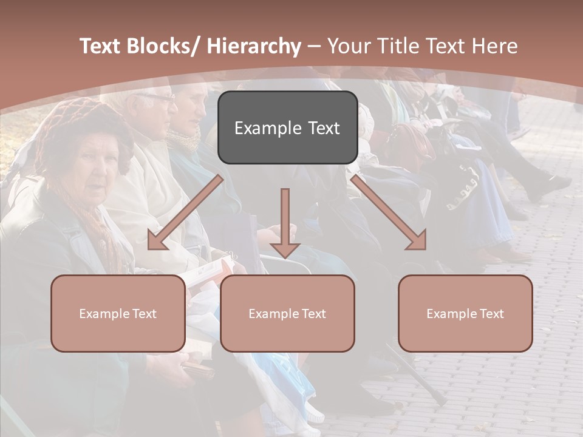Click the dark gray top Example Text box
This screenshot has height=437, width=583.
point(287,127)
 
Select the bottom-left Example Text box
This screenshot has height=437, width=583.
point(118,313)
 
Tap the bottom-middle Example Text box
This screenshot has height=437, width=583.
point(287,313)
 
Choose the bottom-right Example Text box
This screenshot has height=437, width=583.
point(465,313)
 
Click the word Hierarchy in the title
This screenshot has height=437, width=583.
point(254,46)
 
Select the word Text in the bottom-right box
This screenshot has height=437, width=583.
point(491,313)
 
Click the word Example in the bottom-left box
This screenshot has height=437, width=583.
point(104,314)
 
